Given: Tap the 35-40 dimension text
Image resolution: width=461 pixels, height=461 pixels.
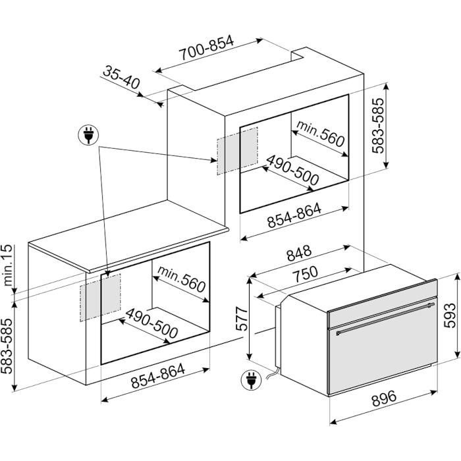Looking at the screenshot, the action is pos(121,78).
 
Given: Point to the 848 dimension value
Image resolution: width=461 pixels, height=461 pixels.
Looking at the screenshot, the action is pos(299,253).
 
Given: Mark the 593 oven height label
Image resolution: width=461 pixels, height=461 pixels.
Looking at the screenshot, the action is pos(450,315).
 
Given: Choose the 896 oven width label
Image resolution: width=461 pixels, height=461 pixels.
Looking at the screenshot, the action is pos(384,398).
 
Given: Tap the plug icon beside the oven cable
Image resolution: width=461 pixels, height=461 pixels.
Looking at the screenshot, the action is pos(251,380).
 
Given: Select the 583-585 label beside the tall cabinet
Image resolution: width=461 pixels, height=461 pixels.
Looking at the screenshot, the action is pos(378,126).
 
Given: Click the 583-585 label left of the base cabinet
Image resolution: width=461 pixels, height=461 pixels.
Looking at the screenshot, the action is pos(7,346).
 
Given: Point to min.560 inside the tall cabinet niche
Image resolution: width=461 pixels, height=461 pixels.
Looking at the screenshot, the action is pos(321,133).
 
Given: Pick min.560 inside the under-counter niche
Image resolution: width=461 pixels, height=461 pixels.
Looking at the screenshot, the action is pos(181,279).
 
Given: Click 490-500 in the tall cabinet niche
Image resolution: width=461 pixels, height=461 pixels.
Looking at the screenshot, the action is pos(292,170).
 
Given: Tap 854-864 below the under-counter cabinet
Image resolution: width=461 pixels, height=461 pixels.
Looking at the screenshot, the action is pos(158,375).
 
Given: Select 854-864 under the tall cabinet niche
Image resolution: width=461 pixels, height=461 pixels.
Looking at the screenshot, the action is pos(294,215).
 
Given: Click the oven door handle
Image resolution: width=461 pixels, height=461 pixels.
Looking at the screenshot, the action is pos(386,319).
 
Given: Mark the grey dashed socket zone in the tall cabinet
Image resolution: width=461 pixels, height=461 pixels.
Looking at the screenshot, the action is pos(238,151).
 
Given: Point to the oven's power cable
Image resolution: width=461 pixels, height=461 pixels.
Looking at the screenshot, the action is pos(273,373).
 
